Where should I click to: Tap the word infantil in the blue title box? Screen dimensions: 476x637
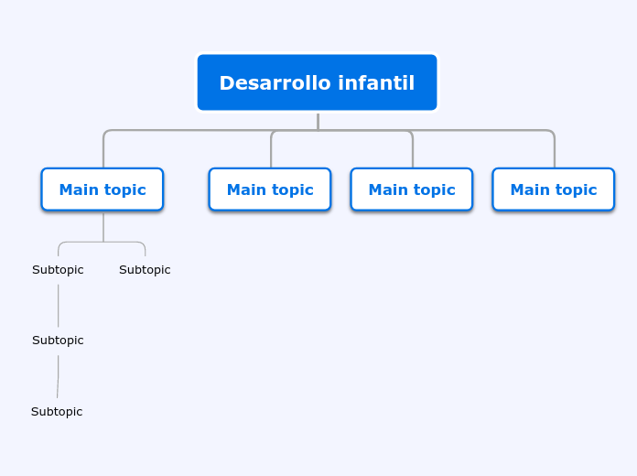[x=376, y=83]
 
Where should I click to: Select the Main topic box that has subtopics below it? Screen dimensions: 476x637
[x=103, y=189]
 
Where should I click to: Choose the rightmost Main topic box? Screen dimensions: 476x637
[x=554, y=189]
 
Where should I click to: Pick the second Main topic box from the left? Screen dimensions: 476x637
[x=270, y=189]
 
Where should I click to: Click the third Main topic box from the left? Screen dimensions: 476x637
[x=412, y=189]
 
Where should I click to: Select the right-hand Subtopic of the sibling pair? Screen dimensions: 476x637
[x=145, y=270]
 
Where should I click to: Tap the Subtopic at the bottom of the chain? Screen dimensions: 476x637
[x=57, y=412]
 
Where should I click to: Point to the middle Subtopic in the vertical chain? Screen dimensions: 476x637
[x=58, y=341]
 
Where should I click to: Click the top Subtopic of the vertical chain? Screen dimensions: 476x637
[x=58, y=270]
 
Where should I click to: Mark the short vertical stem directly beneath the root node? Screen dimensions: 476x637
[x=318, y=121]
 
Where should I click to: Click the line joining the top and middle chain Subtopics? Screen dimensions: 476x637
[x=59, y=305]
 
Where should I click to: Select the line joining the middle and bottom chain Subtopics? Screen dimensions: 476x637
[x=59, y=376]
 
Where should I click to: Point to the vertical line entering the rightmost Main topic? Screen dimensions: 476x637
[x=554, y=152]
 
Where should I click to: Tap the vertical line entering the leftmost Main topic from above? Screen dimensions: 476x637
[x=103, y=152]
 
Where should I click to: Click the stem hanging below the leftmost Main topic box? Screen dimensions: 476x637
[x=103, y=226]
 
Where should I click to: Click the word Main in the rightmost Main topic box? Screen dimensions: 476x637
[x=530, y=189]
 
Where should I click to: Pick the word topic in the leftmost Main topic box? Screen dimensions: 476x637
[x=124, y=189]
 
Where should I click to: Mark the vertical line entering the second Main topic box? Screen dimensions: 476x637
[x=271, y=152]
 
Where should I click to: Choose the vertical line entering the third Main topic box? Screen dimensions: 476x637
[x=413, y=152]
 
